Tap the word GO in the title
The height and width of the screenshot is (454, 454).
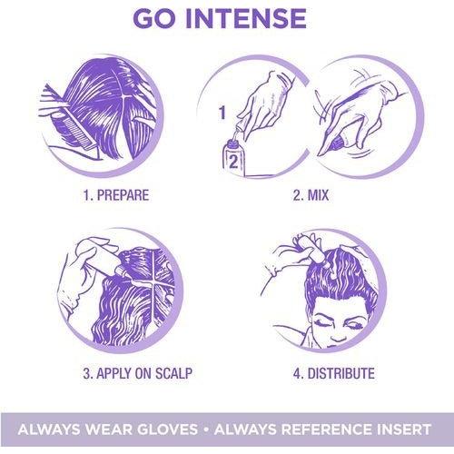154,18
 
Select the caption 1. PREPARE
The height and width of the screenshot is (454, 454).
116,195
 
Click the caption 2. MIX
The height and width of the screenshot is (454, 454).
311,195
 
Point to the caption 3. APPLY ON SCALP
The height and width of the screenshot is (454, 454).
138,373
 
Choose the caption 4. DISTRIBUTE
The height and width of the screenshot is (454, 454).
334,373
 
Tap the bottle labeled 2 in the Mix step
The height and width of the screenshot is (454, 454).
232,157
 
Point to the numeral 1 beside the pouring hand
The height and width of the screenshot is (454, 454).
222,113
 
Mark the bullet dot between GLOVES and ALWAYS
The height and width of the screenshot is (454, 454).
206,429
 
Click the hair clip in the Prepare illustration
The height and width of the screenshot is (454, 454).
143,120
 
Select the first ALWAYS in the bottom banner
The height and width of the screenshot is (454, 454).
49,429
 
